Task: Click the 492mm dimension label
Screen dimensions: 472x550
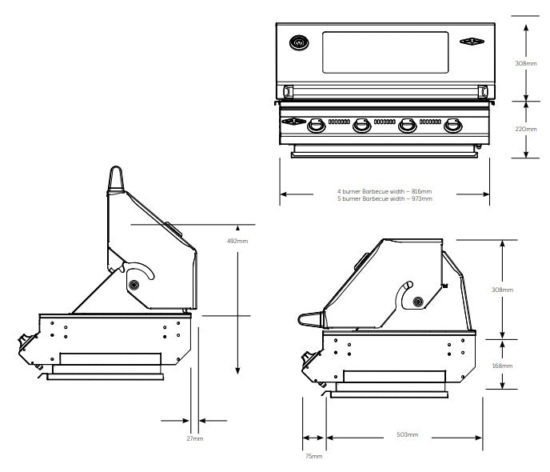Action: coord(237,241)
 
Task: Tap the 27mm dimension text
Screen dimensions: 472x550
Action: coord(194,438)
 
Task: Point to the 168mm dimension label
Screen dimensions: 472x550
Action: coord(502,365)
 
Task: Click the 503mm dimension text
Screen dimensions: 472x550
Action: coord(407,434)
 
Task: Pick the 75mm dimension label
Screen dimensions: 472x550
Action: coord(315,456)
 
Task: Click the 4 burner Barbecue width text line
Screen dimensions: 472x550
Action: coord(385,192)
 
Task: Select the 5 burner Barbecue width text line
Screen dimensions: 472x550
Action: coord(385,198)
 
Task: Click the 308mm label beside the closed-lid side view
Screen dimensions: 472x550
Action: coord(502,290)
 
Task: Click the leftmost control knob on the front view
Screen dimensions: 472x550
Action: coord(317,125)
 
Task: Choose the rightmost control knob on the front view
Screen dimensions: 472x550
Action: coord(454,125)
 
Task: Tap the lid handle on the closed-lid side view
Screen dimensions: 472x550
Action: coord(310,320)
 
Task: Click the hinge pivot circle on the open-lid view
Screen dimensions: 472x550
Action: coord(134,285)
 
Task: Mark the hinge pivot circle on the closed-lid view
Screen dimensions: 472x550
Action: coord(417,300)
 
